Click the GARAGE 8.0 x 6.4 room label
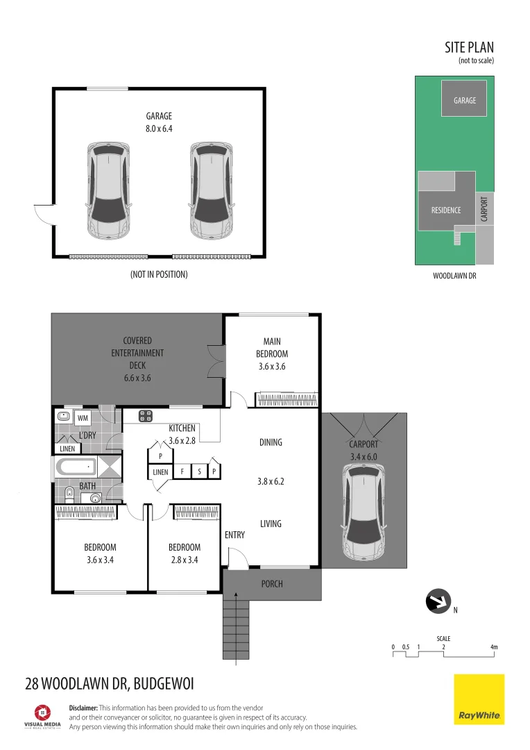[159, 122]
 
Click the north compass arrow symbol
[438, 601]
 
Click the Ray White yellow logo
[479, 699]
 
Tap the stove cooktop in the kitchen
[146, 416]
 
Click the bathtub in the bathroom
[76, 467]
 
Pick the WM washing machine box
[83, 418]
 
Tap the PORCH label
[272, 583]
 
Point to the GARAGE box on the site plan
[465, 99]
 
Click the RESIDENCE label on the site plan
[446, 210]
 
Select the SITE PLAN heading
[469, 48]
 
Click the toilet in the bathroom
[68, 494]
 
